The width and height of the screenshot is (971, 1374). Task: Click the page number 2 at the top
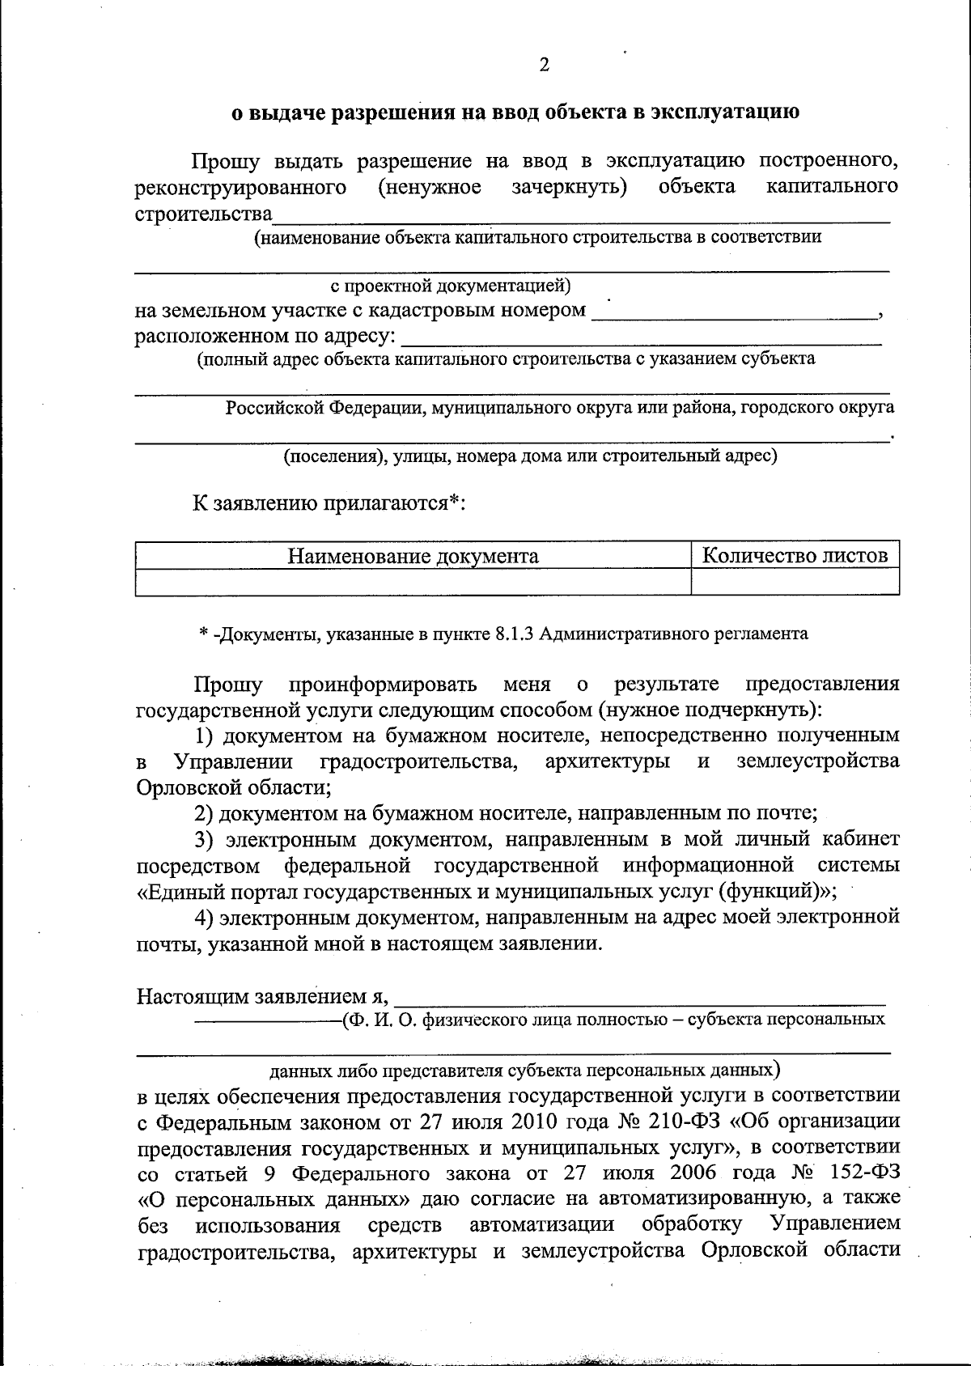(x=544, y=65)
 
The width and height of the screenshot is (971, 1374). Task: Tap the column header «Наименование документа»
(x=413, y=556)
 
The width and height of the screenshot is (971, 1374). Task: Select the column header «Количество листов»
(x=795, y=555)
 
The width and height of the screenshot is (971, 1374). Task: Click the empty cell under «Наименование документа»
(x=413, y=582)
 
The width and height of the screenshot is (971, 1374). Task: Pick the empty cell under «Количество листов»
(x=795, y=582)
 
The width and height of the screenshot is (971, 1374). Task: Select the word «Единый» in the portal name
(x=180, y=892)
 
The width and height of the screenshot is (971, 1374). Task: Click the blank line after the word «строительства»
(x=581, y=216)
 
